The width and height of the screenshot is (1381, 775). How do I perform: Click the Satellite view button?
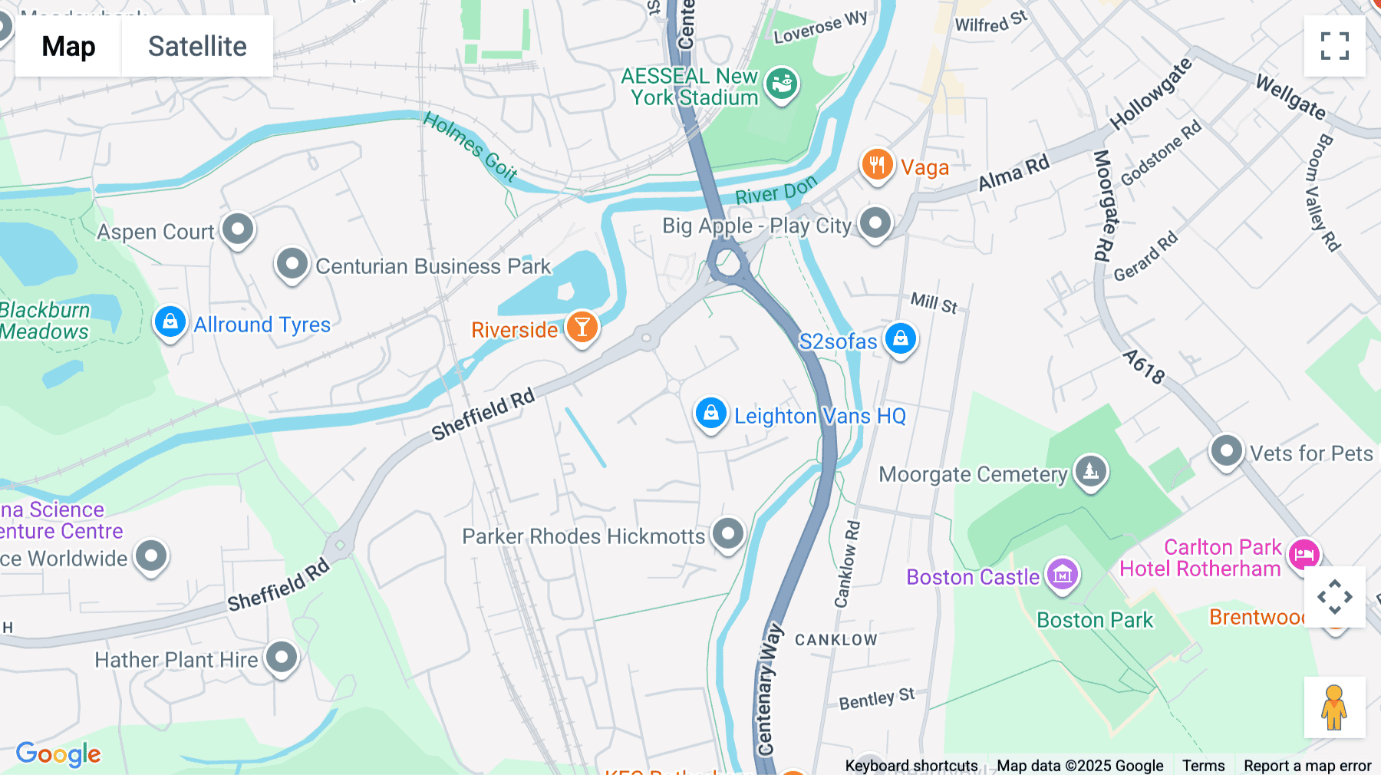coord(197,46)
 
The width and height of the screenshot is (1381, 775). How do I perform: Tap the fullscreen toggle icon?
coord(1334,46)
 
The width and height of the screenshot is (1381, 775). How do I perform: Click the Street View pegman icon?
coord(1334,707)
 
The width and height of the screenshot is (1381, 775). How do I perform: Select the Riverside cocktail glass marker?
coord(582,328)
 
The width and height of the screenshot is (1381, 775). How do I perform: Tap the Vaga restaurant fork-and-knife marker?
coord(877,165)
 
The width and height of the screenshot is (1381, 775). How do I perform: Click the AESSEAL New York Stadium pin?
coord(782,84)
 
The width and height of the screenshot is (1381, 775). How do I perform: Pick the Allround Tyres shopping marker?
coord(170,322)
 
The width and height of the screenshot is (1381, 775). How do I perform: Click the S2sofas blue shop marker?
coord(901,338)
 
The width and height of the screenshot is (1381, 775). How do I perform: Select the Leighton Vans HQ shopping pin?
coord(711,414)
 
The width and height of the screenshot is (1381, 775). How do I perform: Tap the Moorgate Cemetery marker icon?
coord(1091,471)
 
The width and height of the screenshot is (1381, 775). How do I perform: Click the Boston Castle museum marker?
coord(1063,575)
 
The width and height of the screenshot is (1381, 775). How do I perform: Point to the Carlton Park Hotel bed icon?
coord(1304,554)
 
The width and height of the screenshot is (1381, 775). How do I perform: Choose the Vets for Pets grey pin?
coord(1226,451)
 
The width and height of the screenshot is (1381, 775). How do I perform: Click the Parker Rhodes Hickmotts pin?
coord(727,533)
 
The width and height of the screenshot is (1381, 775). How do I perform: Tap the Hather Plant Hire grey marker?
coord(282,658)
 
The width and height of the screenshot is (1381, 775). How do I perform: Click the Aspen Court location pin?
coord(238,229)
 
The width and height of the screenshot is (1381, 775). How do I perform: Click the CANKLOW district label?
coord(836,640)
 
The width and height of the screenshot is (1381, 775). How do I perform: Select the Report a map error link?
coord(1307,766)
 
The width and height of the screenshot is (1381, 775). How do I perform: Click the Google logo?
coord(58,754)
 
